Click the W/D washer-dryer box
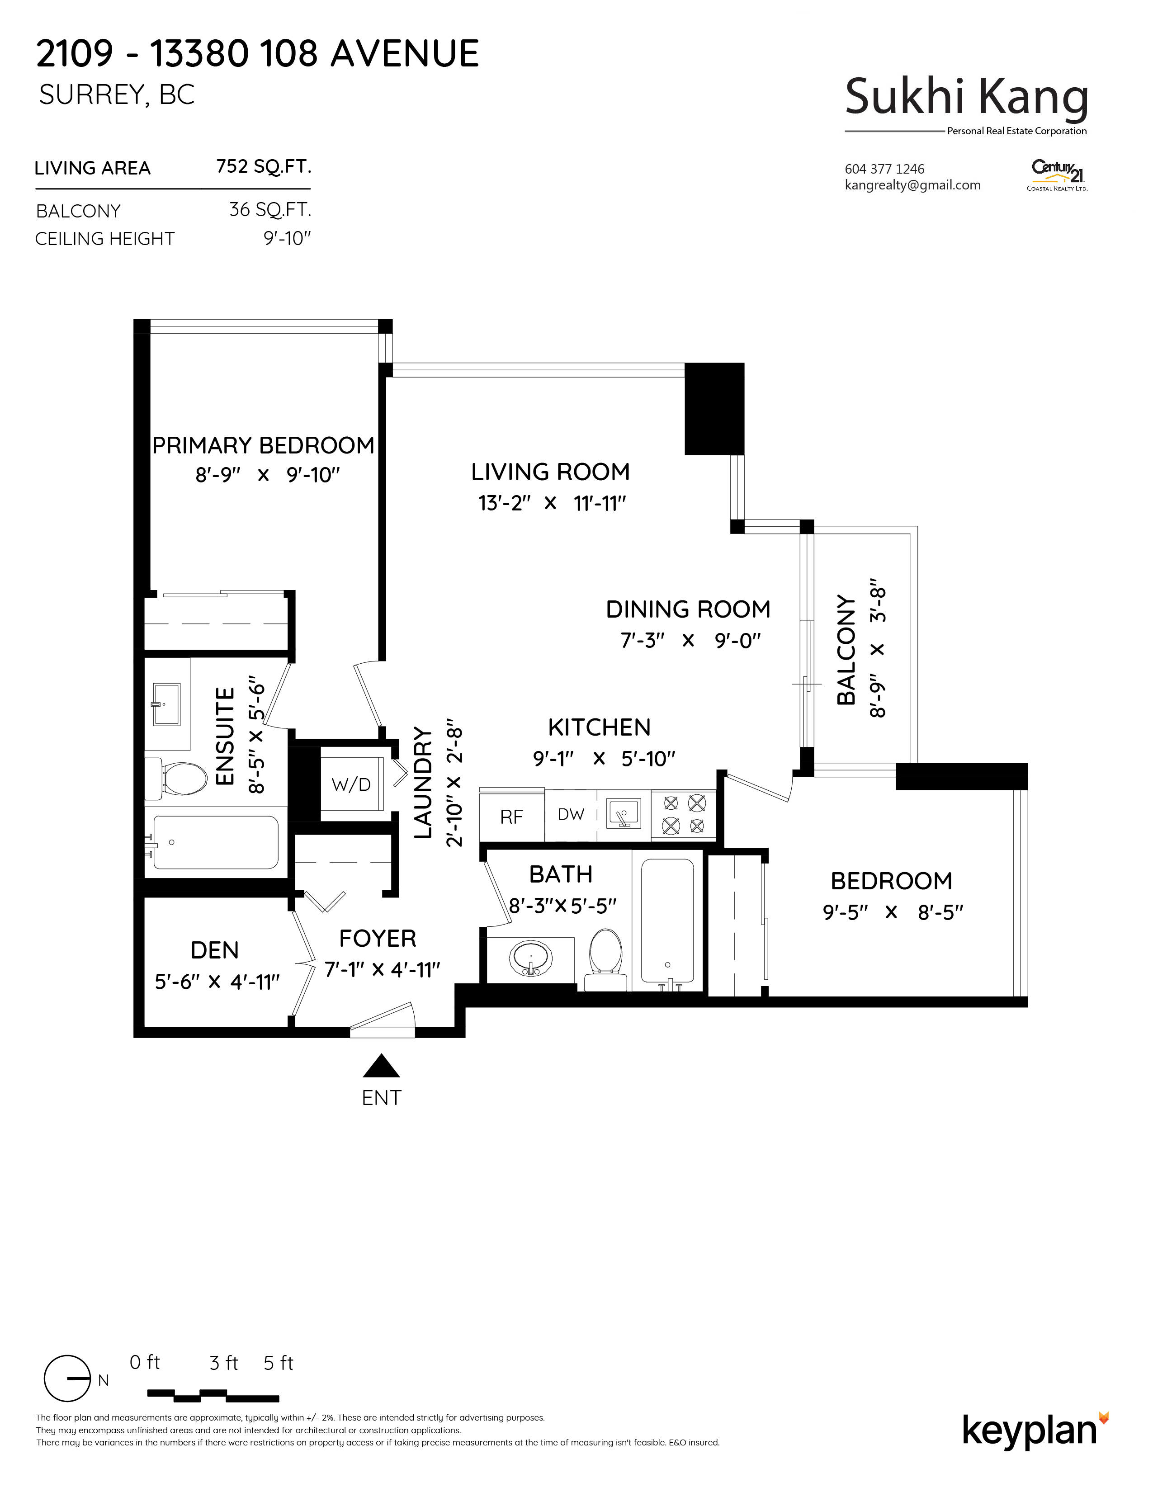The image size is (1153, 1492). point(351,783)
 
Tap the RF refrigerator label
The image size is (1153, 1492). point(511,817)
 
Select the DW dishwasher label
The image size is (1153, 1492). point(571,814)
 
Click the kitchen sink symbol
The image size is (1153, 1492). point(623,814)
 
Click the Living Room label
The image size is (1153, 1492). point(551,472)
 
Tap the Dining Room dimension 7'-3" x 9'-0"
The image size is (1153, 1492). point(690,641)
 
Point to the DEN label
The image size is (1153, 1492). point(214,950)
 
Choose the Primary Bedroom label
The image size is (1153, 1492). point(263,445)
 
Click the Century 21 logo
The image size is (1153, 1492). point(1058,175)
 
